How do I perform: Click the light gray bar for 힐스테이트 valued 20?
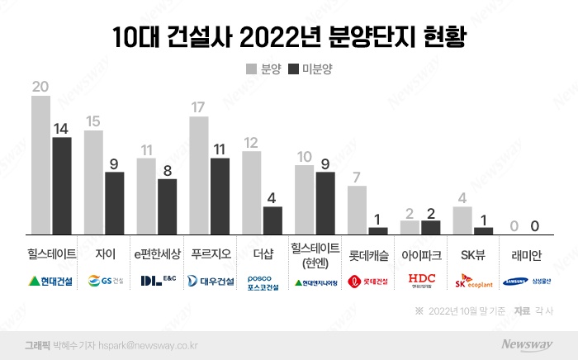41,164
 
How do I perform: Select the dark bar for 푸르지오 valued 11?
220,196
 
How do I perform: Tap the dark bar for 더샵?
272,220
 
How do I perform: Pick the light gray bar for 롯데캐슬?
357,210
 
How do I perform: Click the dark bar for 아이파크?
430,226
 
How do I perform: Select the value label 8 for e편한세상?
167,170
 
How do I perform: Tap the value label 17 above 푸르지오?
199,107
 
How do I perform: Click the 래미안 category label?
525,253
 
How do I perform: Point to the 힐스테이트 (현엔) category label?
315,254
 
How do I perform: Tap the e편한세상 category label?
157,253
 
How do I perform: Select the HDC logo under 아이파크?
421,281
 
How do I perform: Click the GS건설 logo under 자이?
105,281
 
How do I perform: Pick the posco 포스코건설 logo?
263,282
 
